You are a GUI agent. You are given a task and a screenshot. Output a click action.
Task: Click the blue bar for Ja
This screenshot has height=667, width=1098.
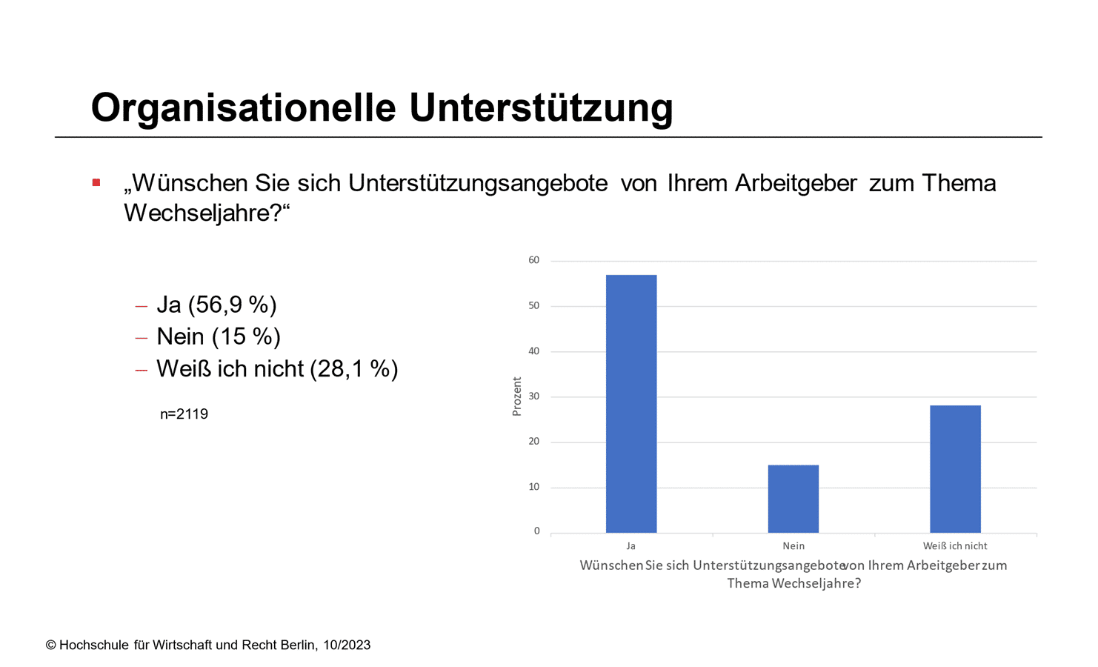click(631, 404)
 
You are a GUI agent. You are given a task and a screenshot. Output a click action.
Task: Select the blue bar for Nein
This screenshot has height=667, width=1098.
click(793, 499)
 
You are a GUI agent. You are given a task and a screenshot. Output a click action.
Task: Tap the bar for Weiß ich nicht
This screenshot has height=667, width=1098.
click(955, 469)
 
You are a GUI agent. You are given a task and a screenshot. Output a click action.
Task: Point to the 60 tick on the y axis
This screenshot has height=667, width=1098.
click(534, 260)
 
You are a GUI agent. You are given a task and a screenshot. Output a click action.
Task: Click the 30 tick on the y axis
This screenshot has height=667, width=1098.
click(534, 396)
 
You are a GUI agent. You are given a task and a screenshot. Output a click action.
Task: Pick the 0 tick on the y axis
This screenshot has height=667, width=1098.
click(537, 531)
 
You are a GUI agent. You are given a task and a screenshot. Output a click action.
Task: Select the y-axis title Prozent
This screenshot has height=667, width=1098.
click(517, 396)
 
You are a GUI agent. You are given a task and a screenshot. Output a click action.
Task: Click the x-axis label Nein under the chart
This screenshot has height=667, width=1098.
click(793, 546)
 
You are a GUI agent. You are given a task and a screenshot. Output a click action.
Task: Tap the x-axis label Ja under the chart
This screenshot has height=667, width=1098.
click(631, 546)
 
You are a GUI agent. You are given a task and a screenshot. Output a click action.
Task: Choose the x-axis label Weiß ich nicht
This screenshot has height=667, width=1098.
click(955, 546)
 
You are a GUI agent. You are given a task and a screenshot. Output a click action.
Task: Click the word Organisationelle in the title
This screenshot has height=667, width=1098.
click(244, 107)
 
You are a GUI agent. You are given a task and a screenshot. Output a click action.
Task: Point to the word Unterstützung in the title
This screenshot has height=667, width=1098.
click(541, 107)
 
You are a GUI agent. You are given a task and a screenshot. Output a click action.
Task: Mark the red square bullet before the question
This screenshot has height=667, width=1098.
click(96, 182)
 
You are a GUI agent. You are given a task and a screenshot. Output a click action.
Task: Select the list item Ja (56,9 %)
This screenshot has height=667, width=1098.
click(216, 305)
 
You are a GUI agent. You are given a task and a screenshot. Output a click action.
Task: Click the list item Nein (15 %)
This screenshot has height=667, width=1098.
click(219, 336)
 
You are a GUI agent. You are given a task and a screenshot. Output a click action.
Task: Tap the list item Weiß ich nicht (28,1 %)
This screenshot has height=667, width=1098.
click(277, 368)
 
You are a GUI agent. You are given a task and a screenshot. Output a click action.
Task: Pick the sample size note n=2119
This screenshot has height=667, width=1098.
click(184, 414)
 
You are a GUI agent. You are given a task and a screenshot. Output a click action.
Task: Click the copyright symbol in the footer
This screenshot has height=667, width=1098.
click(51, 646)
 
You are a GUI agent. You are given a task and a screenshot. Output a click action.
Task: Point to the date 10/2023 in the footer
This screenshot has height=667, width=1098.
click(347, 646)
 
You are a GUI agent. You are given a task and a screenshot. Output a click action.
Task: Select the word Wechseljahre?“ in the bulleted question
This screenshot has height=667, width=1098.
click(207, 213)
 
